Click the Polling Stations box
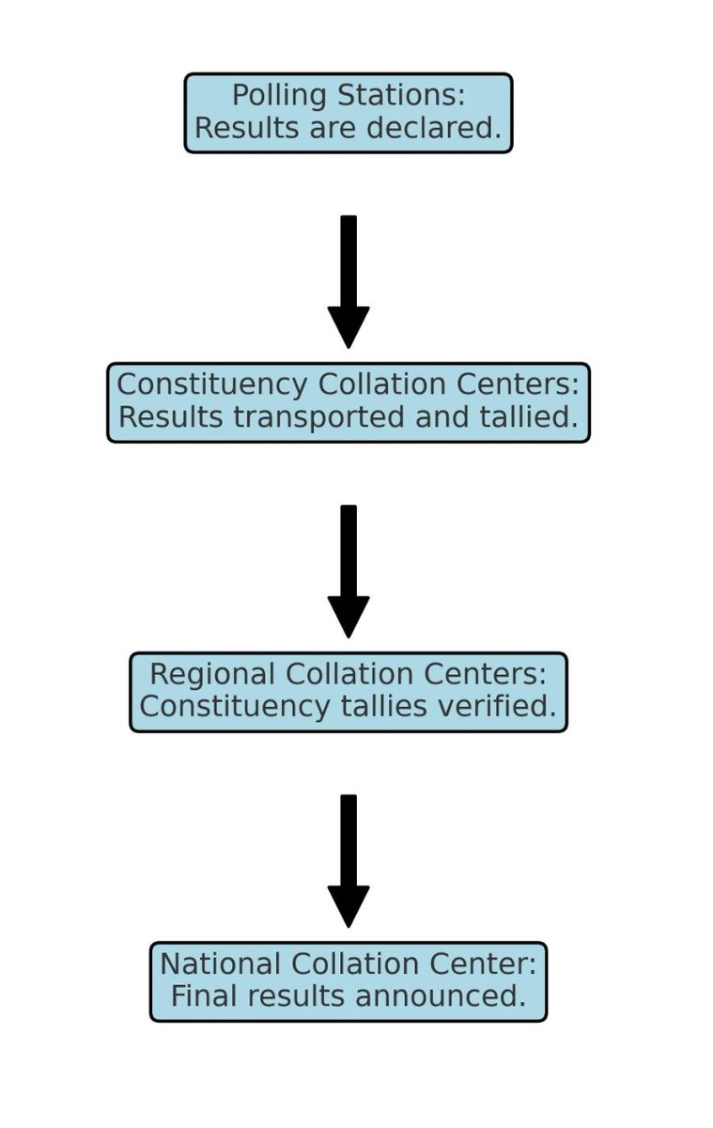click(348, 113)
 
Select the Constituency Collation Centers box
click(348, 402)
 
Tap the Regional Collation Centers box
click(348, 692)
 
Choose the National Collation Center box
click(348, 981)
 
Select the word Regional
click(212, 675)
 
